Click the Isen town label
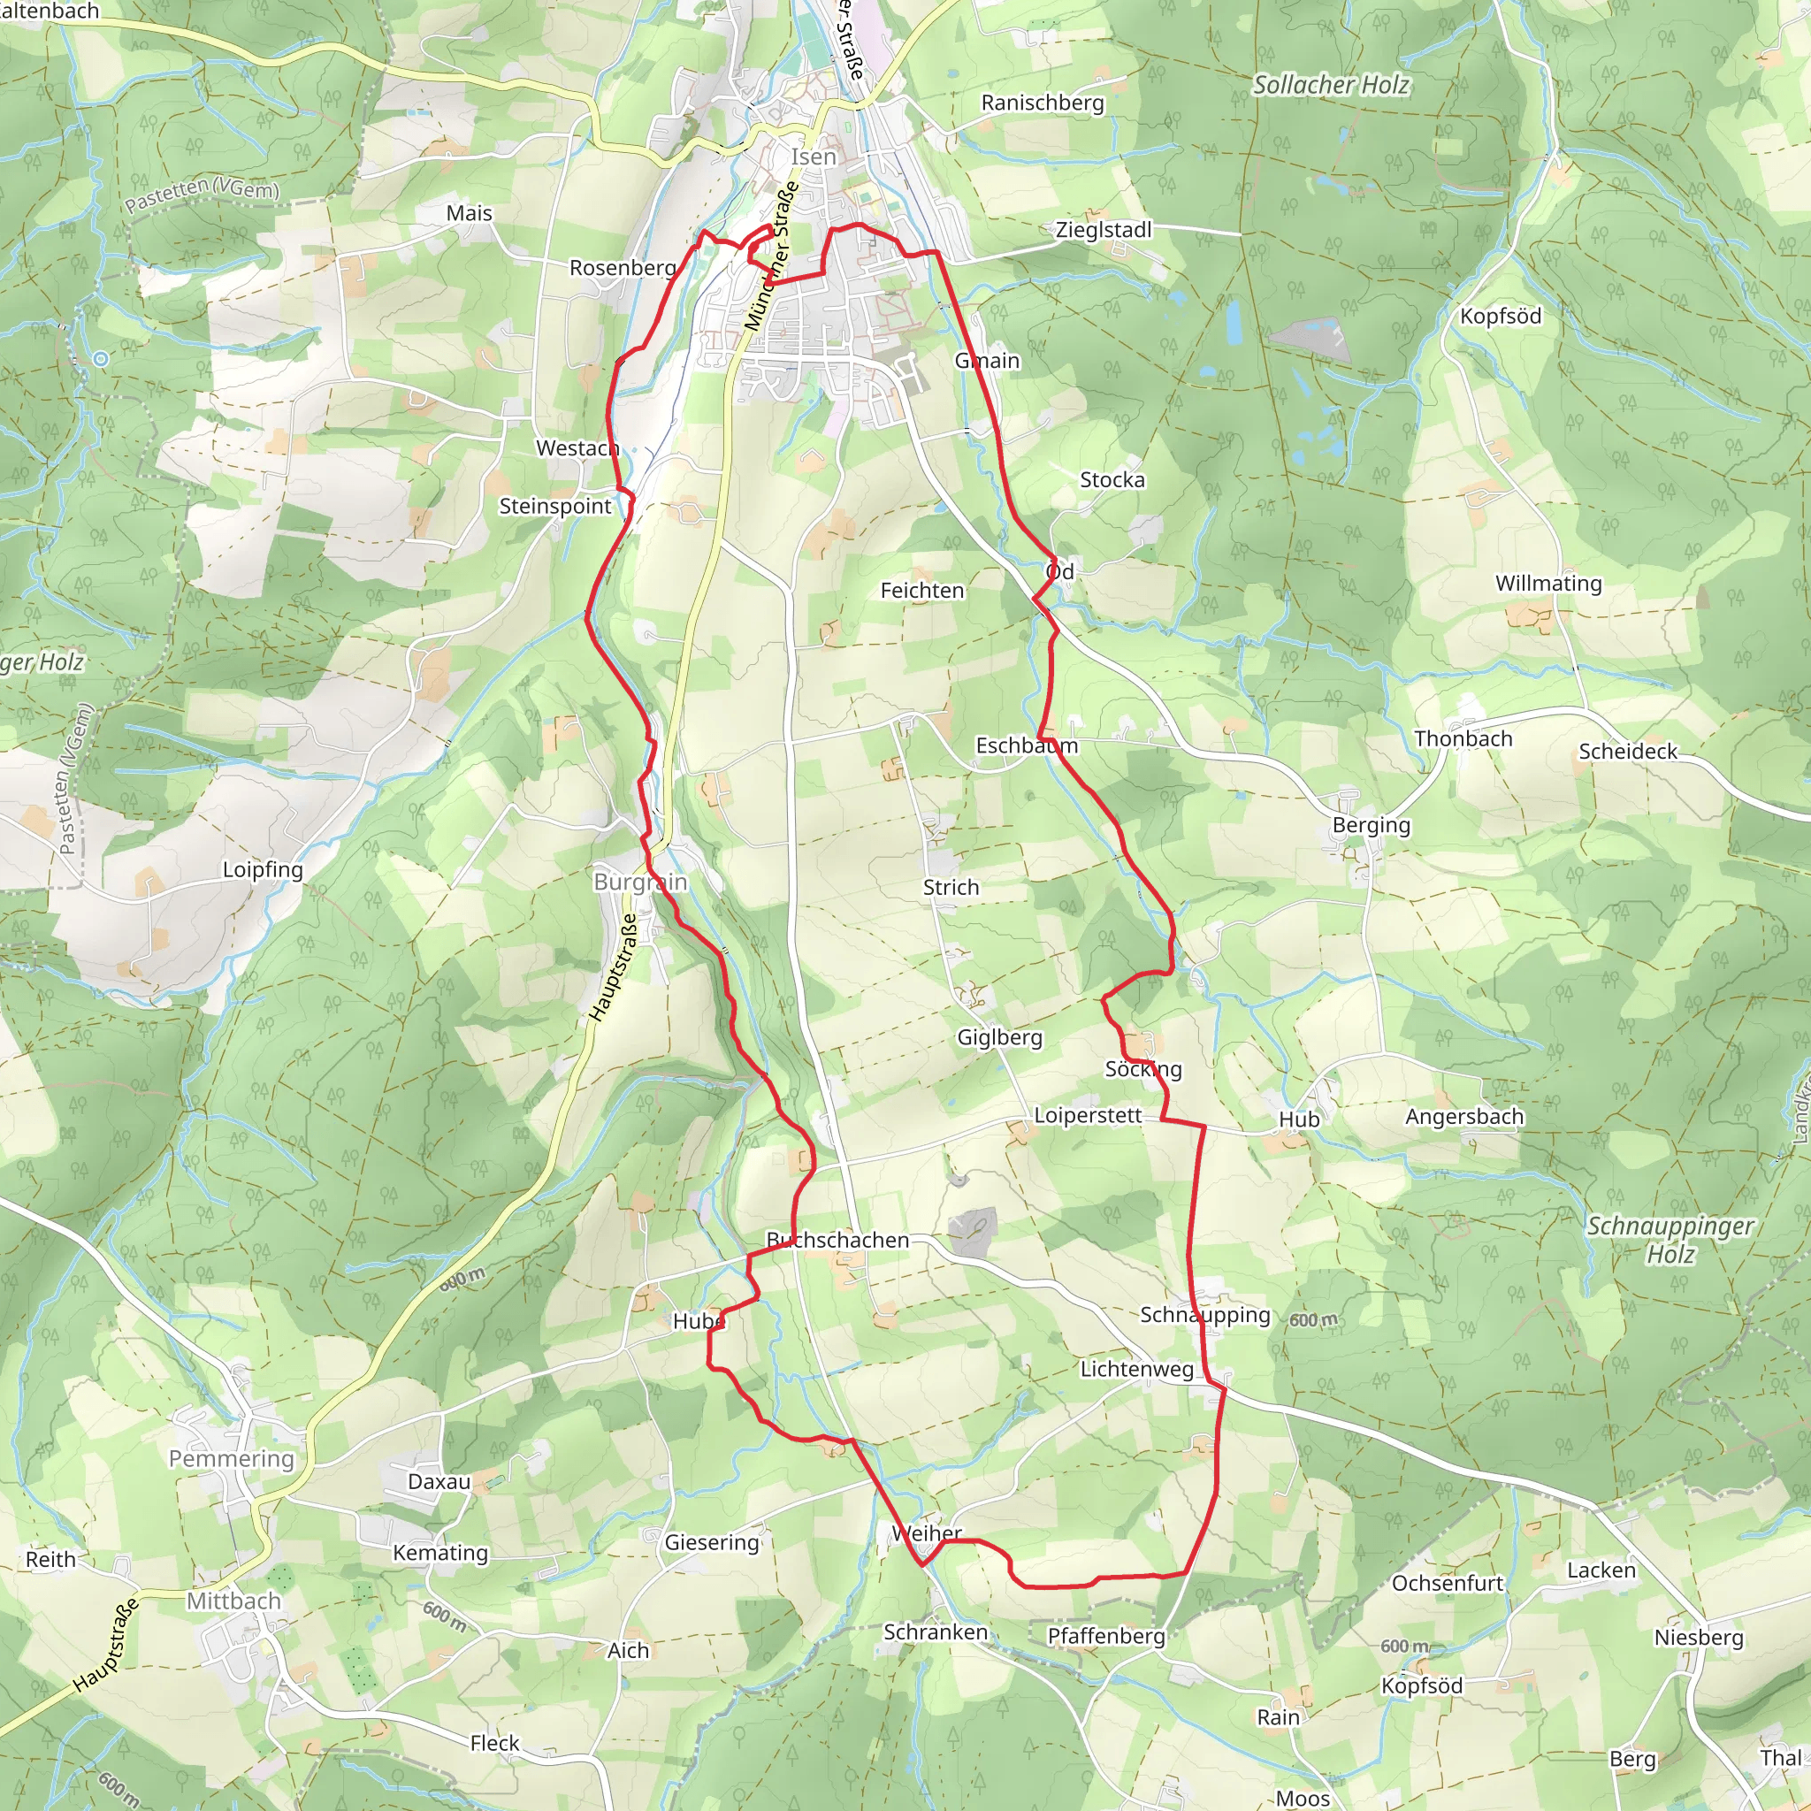point(813,157)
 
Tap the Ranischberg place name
point(1043,103)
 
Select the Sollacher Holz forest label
point(1331,85)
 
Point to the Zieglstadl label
point(1104,230)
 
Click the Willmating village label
point(1548,583)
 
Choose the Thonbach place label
point(1463,738)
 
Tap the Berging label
point(1372,825)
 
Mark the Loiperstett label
point(1088,1115)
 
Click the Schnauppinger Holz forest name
point(1670,1239)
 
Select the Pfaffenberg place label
point(1106,1636)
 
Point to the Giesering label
point(712,1542)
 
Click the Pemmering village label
point(232,1458)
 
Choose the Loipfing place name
point(263,869)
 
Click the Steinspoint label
point(555,506)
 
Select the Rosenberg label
point(623,268)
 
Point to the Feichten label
point(921,591)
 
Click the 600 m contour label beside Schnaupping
point(1313,1320)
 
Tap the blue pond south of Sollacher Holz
point(1234,324)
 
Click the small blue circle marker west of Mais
point(101,359)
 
